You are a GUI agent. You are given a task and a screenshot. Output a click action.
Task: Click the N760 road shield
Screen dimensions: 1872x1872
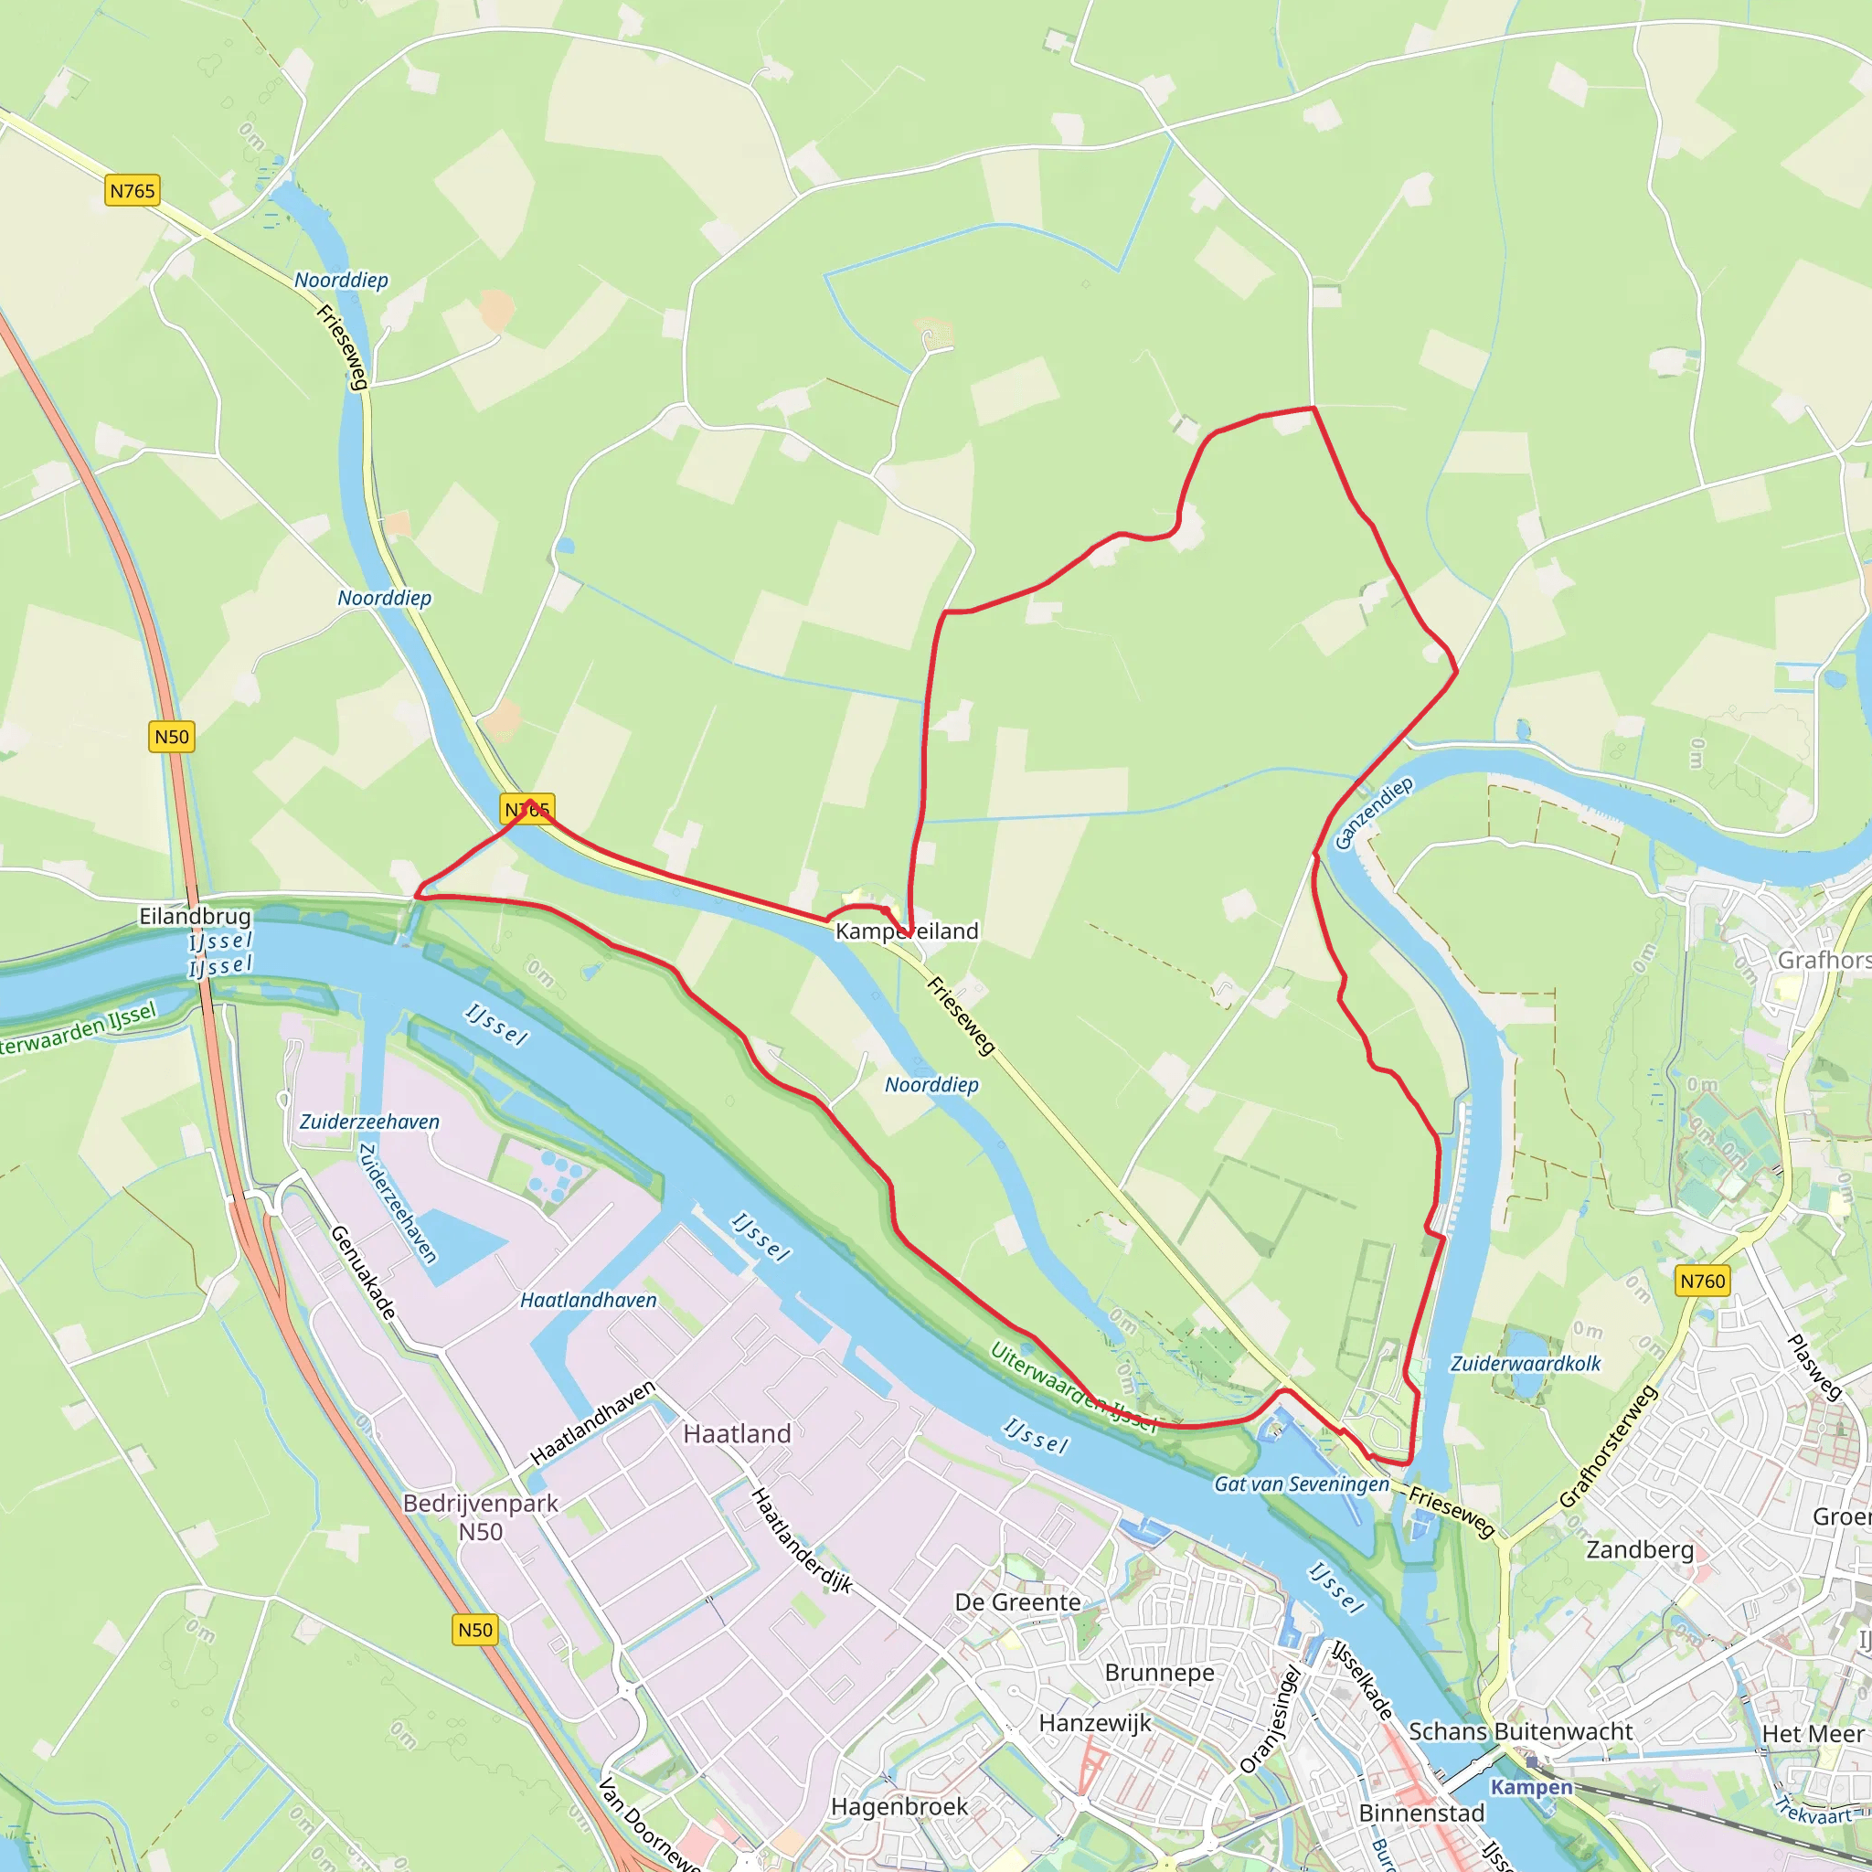[1702, 1281]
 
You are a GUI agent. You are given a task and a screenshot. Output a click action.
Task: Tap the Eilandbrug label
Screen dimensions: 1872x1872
[195, 916]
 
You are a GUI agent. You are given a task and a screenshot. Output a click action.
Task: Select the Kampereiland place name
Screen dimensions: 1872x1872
[907, 931]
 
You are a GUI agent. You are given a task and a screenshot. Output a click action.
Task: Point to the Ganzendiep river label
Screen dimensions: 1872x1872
[1373, 813]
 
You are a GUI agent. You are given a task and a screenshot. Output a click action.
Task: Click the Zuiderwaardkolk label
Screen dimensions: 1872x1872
[1526, 1363]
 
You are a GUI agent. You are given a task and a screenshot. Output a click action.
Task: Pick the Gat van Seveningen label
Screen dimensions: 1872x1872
[1302, 1484]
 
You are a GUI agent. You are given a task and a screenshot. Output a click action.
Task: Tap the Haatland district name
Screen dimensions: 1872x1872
[738, 1433]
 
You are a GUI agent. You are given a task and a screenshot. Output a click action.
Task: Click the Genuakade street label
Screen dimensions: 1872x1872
[365, 1272]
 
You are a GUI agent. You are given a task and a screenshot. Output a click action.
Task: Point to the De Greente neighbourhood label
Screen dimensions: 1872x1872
[1017, 1601]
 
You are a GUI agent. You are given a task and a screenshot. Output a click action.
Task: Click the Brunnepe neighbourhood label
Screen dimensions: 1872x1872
[1159, 1673]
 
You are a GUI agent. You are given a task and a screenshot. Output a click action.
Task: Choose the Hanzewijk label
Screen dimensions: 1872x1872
[1095, 1723]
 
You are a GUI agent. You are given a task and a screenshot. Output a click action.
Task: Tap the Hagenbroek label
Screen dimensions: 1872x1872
[899, 1806]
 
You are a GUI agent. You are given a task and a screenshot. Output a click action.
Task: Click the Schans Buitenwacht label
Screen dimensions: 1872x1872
[1520, 1730]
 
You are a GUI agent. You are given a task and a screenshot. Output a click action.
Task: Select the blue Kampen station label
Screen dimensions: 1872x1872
[1531, 1787]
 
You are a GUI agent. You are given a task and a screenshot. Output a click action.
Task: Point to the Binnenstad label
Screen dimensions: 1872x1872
[1421, 1813]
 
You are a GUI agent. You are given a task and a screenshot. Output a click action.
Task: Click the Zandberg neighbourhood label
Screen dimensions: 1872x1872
[1640, 1549]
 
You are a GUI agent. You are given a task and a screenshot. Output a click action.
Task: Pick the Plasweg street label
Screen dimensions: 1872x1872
[1813, 1367]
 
